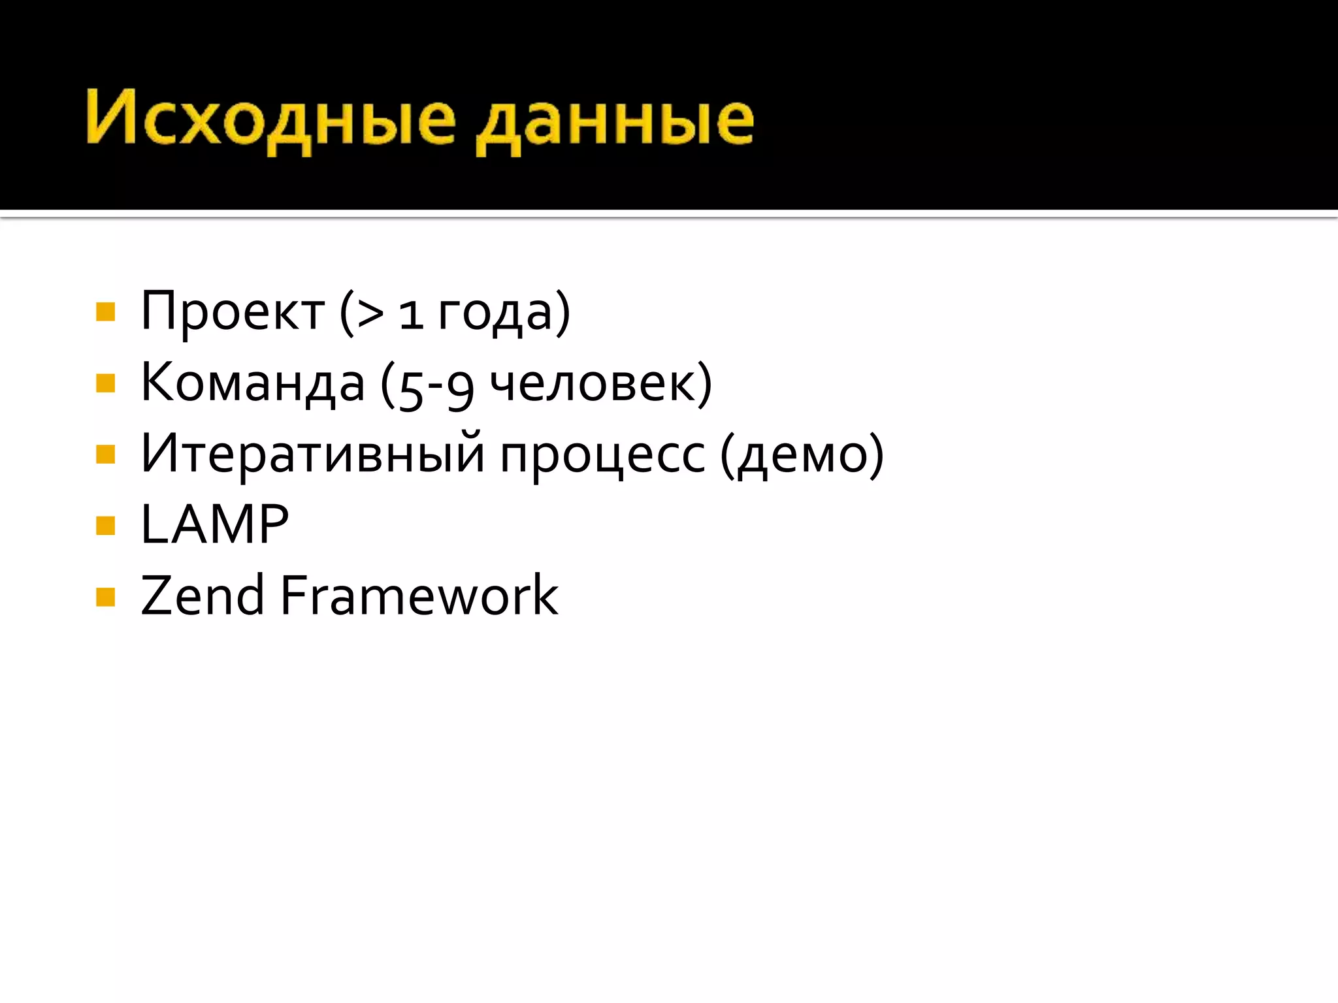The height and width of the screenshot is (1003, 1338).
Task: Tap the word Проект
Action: coord(233,312)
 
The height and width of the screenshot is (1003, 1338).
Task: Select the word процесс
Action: coord(602,456)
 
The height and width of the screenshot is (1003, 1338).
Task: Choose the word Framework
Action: coord(419,596)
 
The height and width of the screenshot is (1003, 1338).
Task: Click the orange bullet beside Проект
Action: coord(105,312)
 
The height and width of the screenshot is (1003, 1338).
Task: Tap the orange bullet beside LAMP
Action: coord(105,525)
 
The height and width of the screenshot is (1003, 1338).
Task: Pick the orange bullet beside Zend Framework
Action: coord(105,597)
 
